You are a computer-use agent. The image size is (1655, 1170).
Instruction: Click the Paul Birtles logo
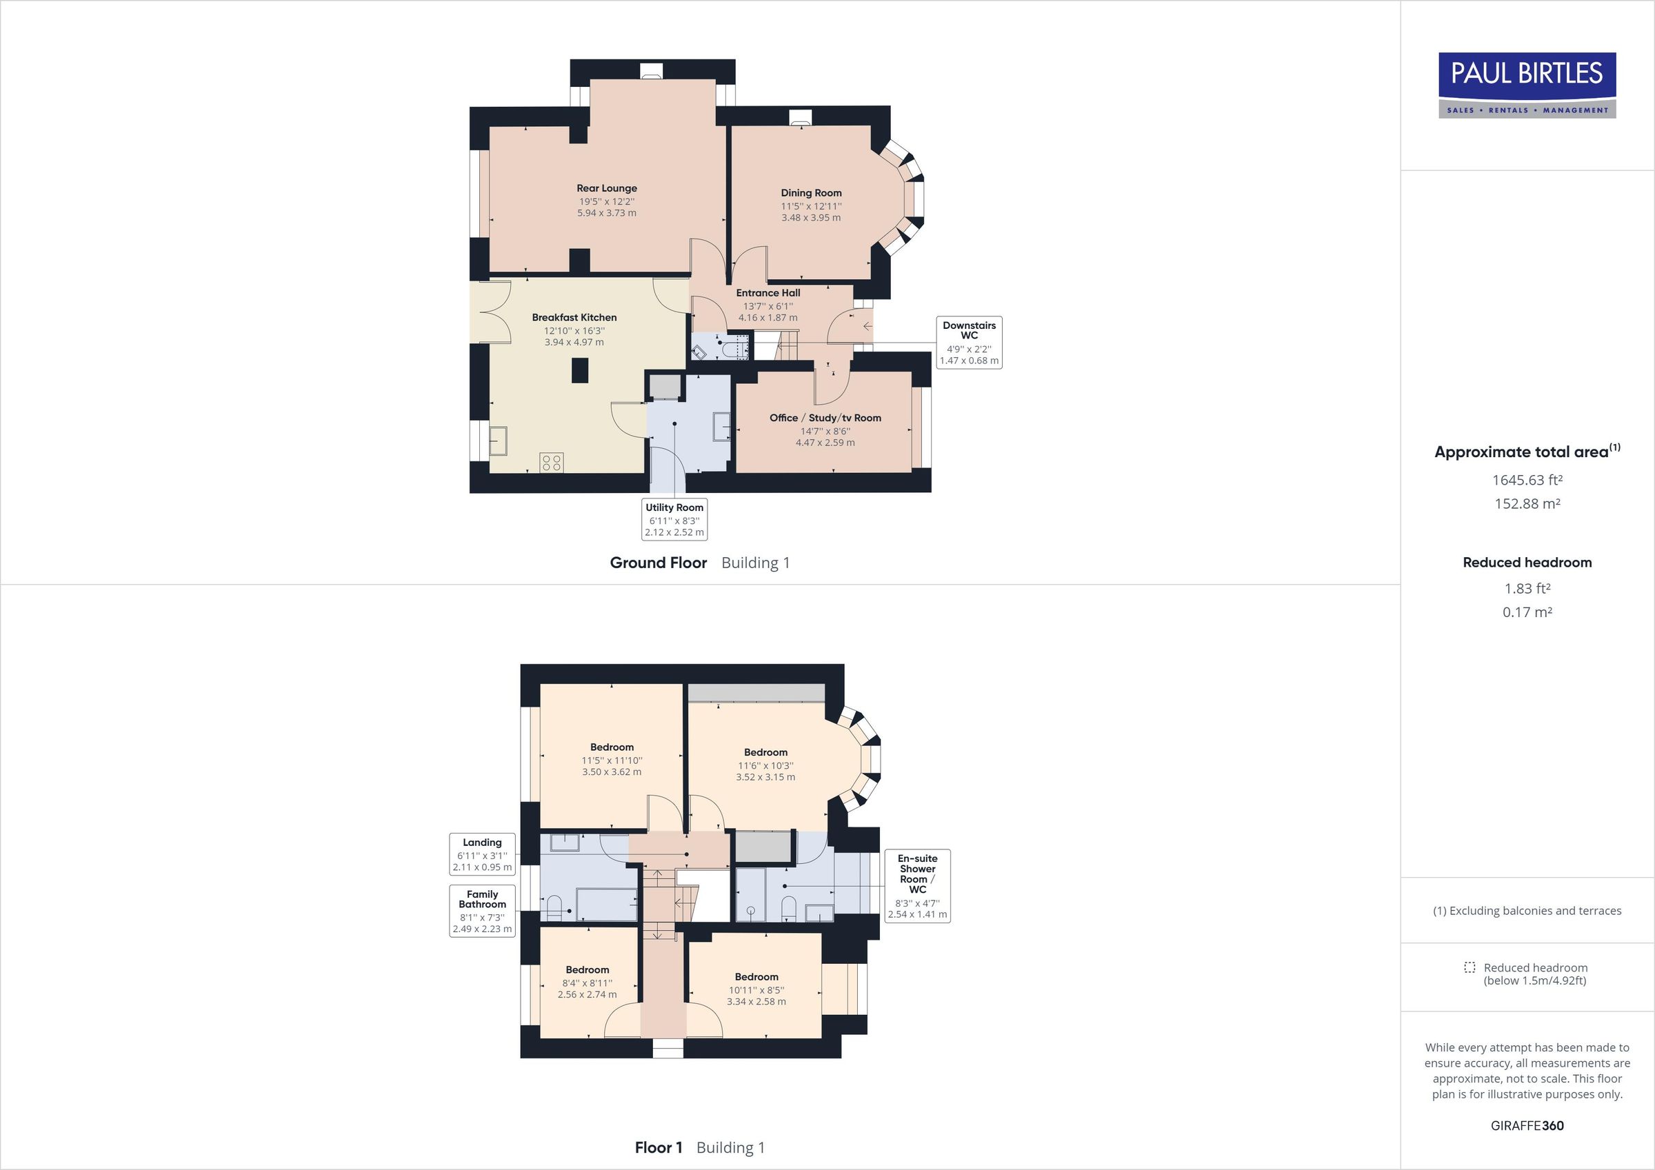(1527, 85)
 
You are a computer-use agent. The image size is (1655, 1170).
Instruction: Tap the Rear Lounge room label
(606, 188)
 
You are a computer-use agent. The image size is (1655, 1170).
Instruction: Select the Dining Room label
(811, 193)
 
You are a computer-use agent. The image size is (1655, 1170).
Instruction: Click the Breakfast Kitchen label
(574, 317)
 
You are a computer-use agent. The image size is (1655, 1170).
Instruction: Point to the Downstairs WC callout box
(969, 343)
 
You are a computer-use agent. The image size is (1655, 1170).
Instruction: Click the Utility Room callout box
(674, 519)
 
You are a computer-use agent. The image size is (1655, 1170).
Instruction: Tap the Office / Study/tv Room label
(825, 418)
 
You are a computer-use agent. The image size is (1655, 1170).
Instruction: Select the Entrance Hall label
(768, 293)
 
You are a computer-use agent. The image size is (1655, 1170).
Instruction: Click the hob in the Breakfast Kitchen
(552, 462)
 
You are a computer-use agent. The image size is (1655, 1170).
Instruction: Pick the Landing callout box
(482, 854)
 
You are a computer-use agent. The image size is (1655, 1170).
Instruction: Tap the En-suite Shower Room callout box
(917, 885)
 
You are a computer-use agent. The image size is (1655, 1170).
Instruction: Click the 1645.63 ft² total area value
(1527, 480)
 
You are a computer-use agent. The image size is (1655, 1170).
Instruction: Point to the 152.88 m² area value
(1527, 504)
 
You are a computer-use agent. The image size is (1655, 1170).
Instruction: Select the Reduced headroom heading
(1527, 563)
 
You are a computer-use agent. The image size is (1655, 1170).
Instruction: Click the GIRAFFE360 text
(1527, 1125)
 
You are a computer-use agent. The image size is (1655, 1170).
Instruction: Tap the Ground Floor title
(658, 563)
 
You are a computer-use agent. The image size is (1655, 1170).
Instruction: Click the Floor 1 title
(658, 1148)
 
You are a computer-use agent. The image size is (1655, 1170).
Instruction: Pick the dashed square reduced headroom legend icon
(1469, 967)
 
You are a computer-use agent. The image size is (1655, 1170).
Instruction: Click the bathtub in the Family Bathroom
(605, 904)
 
